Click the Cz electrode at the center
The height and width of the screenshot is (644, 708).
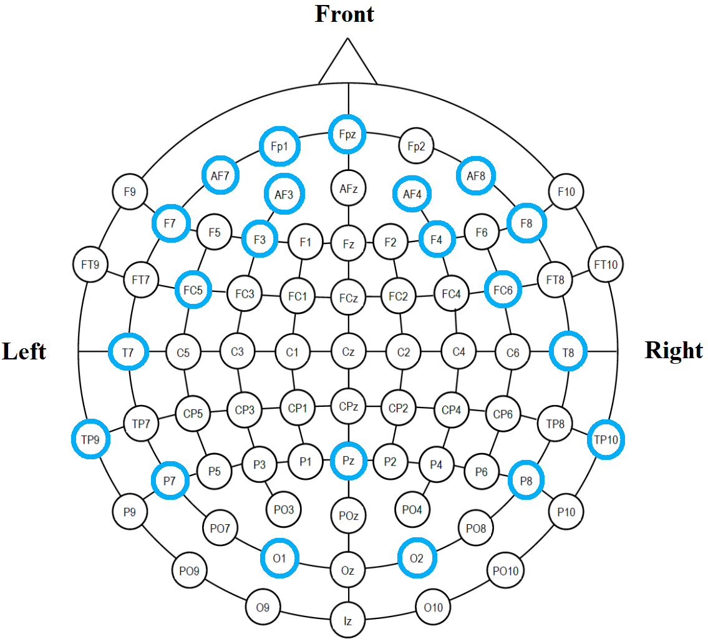tap(348, 352)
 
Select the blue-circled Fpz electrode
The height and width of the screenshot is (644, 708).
tap(347, 134)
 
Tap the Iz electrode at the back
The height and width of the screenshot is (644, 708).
tap(348, 621)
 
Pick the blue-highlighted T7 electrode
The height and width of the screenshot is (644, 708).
tap(129, 353)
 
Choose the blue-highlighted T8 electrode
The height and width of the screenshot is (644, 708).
tap(568, 353)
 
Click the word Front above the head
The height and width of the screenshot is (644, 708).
tap(344, 14)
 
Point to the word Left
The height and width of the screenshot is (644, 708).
tap(24, 351)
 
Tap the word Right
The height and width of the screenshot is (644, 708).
tap(674, 350)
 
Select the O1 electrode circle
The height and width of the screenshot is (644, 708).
tap(279, 557)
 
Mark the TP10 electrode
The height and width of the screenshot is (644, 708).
tap(606, 440)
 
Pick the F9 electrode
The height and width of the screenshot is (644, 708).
tap(130, 192)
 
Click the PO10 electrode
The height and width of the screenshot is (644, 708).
tap(505, 570)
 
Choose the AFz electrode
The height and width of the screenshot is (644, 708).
tap(348, 188)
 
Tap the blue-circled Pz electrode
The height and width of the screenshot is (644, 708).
tap(348, 461)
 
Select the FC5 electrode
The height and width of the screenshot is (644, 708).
tap(193, 290)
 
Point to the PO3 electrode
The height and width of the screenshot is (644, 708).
tap(284, 510)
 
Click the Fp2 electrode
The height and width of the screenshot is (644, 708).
tap(416, 147)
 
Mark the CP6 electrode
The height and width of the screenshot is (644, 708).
tap(503, 414)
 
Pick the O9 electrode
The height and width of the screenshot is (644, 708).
tap(263, 606)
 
